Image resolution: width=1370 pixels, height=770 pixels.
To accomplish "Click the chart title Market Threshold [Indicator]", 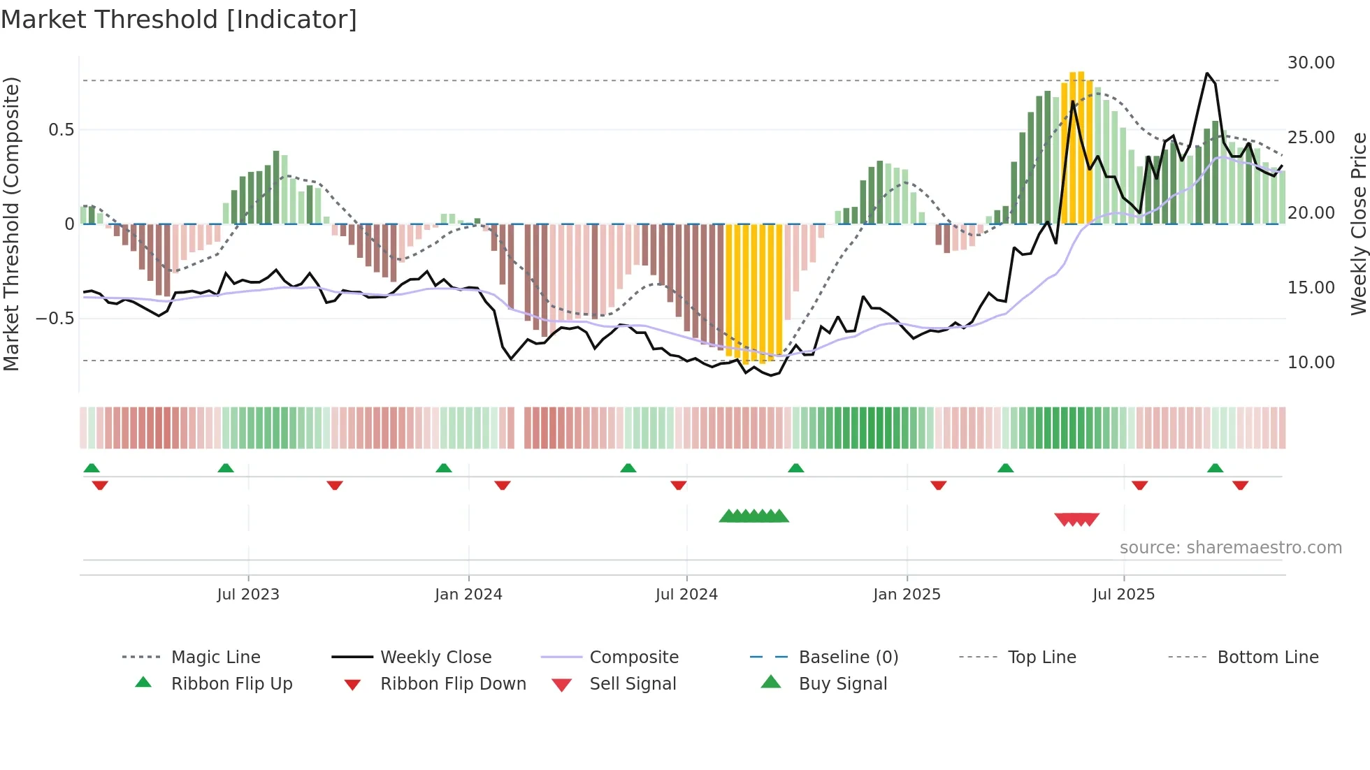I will point(179,20).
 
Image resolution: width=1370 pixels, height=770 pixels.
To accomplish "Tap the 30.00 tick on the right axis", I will point(1311,63).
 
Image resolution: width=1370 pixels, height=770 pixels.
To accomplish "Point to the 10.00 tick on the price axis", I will point(1311,363).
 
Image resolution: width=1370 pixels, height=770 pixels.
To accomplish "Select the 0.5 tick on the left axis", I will point(61,130).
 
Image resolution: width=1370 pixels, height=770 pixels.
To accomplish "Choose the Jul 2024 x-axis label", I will point(686,595).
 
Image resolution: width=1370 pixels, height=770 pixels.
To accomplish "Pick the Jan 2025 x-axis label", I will point(907,595).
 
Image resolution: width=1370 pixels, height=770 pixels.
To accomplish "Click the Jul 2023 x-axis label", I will point(248,595).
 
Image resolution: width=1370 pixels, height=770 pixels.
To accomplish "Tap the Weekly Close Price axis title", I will point(1358,224).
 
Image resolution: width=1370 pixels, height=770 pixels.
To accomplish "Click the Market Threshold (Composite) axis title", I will point(11,224).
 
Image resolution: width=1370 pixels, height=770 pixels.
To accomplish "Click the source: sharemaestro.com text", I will point(1230,548).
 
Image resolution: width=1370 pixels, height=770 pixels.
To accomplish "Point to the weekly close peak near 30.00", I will point(1207,73).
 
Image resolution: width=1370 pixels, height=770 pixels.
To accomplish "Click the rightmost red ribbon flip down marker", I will point(1241,485).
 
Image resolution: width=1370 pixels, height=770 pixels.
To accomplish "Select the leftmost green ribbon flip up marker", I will point(92,468).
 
